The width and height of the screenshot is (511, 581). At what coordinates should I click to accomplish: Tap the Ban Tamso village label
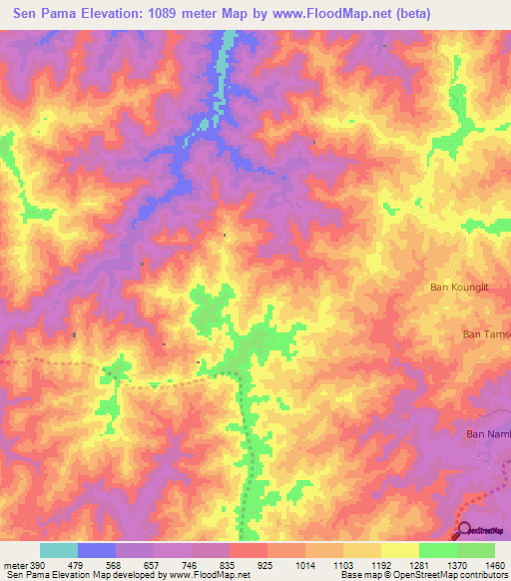487,335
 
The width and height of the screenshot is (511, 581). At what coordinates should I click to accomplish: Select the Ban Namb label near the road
489,433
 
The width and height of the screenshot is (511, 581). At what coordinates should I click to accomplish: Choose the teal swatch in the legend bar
58,550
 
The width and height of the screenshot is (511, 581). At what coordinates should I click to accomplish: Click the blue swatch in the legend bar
97,550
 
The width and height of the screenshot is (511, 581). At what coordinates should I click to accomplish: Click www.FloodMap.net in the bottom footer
209,576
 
